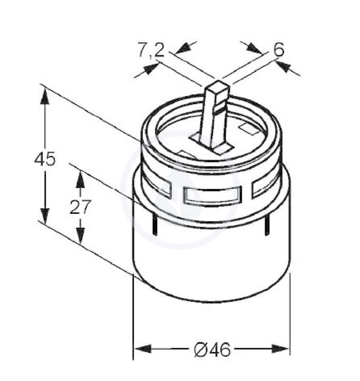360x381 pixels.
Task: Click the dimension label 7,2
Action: (151, 50)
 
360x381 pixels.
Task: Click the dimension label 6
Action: (279, 50)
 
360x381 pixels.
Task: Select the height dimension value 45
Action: (45, 159)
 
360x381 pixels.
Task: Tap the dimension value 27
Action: (80, 207)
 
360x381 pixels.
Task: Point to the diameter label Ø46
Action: (212, 350)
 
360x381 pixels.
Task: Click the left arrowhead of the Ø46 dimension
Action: (143, 349)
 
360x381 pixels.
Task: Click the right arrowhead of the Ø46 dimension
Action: (280, 349)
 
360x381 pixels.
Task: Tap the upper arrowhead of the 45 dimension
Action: (45, 96)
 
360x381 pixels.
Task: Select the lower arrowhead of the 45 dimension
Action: (45, 216)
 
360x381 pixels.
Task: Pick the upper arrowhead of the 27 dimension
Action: (80, 180)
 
